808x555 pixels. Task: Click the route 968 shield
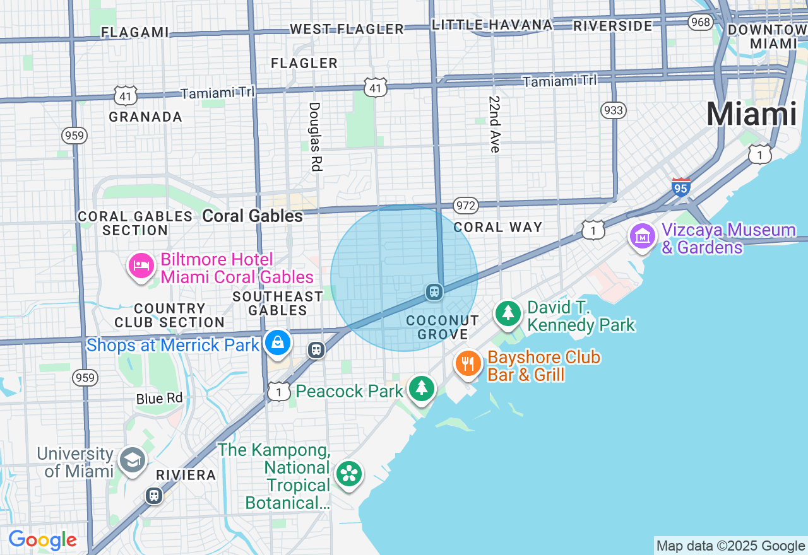coord(701,23)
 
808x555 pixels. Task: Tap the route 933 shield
coord(613,111)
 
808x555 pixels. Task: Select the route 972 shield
coord(465,205)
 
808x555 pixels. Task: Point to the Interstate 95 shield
coord(680,187)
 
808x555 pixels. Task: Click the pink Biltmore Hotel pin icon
coord(141,266)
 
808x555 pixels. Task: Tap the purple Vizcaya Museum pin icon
coord(642,237)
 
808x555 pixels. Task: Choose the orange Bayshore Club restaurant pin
coord(468,363)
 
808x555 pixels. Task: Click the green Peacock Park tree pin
coord(421,388)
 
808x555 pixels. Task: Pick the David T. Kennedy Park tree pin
coord(508,313)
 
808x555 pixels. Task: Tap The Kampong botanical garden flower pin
coord(348,474)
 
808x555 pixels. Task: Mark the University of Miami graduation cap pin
coord(133,460)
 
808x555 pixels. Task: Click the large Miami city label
coord(751,115)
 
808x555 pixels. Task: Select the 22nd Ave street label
coord(494,124)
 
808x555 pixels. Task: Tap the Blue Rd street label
coord(159,399)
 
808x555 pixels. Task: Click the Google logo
coord(42,540)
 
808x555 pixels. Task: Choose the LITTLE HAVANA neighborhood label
coord(492,25)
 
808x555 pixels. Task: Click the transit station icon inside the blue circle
coord(434,291)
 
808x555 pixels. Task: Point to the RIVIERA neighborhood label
coord(186,475)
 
